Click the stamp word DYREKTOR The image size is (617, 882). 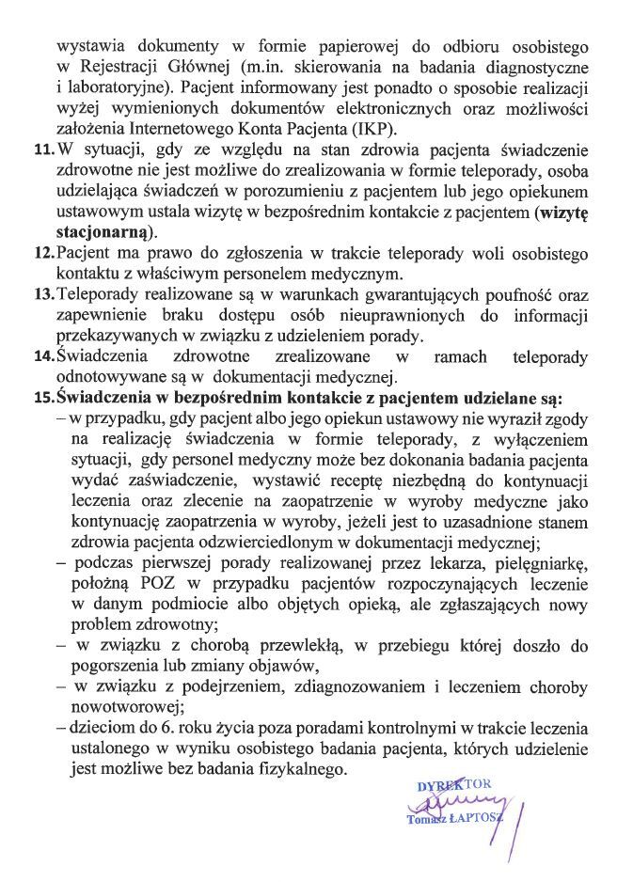(451, 785)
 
